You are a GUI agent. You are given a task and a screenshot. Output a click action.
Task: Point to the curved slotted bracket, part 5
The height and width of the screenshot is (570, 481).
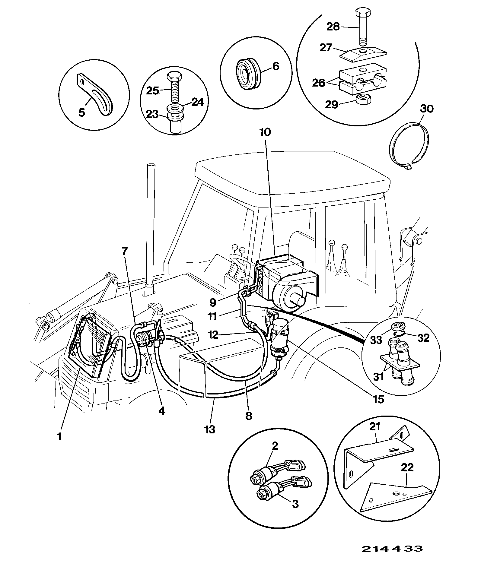tap(95, 94)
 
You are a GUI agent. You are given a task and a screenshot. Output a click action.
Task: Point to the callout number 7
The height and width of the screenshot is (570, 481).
tap(125, 252)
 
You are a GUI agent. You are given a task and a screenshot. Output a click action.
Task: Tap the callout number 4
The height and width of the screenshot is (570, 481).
tap(162, 410)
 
